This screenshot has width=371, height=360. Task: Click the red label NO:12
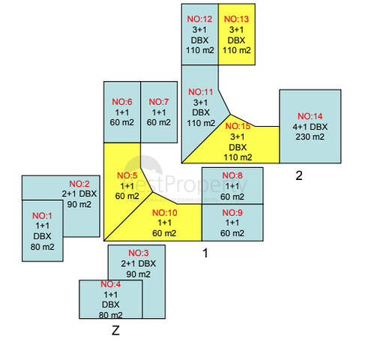[199, 19]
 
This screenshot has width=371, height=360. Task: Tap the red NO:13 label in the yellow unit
[236, 19]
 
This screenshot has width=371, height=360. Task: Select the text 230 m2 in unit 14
[310, 137]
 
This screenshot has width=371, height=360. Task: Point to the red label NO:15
[238, 126]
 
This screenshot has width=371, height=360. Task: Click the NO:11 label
[201, 92]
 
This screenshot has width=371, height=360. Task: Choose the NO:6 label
[122, 102]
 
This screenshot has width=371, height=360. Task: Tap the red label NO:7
[159, 102]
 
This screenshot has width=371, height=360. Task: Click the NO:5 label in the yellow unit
[127, 175]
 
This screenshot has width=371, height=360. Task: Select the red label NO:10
[165, 213]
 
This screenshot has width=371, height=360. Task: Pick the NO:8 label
[232, 175]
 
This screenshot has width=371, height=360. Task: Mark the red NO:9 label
[232, 213]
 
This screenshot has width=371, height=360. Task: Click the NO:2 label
[79, 184]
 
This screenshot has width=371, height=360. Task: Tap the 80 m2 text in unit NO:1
[43, 247]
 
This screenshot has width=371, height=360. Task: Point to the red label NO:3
[139, 253]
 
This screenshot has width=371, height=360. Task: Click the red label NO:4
[111, 284]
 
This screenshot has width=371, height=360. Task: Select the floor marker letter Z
[115, 331]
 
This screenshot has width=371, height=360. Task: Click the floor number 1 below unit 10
[205, 253]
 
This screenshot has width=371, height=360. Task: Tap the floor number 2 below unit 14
[299, 175]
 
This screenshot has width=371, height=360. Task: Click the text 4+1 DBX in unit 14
[310, 127]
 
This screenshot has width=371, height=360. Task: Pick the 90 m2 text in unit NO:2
[79, 205]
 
